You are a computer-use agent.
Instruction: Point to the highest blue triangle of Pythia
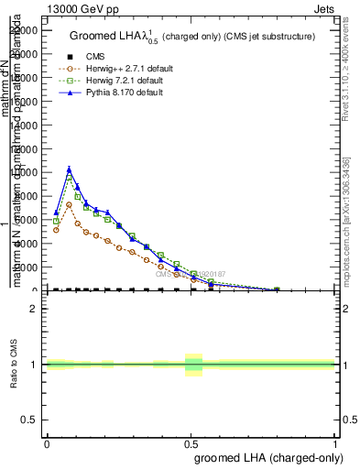coord(69,169)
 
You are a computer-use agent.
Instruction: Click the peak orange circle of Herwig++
coord(69,204)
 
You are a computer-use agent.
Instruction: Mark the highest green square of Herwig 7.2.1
coord(69,178)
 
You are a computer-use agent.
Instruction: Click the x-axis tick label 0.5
coord(191,442)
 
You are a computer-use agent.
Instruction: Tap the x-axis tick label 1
coord(335,442)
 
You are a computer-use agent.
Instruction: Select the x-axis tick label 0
coord(47,442)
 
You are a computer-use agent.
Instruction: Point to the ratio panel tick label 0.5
coord(29,420)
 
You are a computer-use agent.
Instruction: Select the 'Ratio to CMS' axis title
coord(14,365)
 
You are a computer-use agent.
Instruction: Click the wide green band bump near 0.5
coord(193,365)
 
